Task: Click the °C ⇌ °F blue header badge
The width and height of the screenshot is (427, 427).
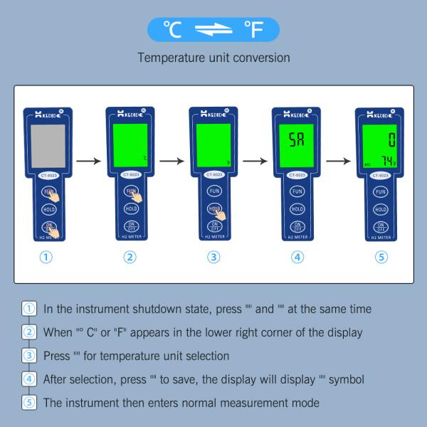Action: pos(213,29)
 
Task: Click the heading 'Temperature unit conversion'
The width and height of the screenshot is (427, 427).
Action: pos(213,57)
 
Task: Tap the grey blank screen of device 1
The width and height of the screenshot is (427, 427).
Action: pos(46,144)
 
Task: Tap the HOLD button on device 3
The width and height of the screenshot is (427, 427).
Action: pos(214,209)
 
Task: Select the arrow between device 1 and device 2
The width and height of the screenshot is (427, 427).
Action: pos(88,162)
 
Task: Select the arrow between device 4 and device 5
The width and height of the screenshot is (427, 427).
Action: pos(338,162)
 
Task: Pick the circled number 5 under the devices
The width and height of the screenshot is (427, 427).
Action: pos(381,258)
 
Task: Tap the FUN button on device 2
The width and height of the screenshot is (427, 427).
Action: pos(131,192)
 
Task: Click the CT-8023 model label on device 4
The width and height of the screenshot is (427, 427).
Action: pos(297,175)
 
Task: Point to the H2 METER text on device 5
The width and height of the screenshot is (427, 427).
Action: pos(381,236)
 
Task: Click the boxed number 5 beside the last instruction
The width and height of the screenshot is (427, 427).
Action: pos(29,402)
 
